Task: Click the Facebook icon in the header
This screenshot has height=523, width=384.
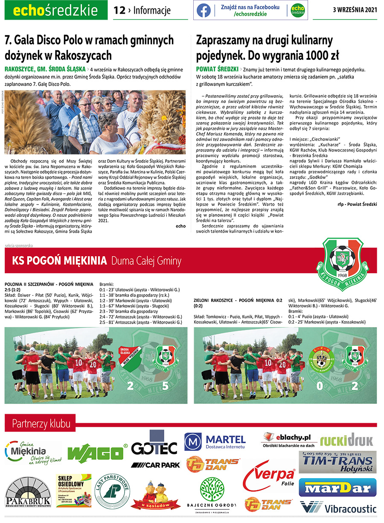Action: (x=204, y=10)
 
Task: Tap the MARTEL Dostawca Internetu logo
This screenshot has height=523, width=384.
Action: (x=215, y=442)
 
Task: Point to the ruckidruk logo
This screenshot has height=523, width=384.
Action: (x=346, y=439)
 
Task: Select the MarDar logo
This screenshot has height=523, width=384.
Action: (x=337, y=488)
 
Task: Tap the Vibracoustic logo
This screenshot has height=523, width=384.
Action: (x=338, y=508)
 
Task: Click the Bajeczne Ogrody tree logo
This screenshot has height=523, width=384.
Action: (x=212, y=493)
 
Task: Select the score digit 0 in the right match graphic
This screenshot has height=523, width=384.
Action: (x=318, y=387)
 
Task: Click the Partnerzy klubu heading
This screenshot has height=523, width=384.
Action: (x=41, y=424)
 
